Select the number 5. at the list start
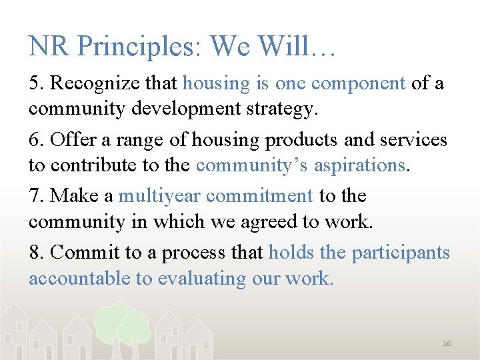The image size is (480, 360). pyautogui.click(x=36, y=84)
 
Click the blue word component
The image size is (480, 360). pyautogui.click(x=359, y=84)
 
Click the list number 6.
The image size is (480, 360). pyautogui.click(x=36, y=141)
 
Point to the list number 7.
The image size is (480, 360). pyautogui.click(x=36, y=197)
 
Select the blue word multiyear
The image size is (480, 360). pyautogui.click(x=159, y=197)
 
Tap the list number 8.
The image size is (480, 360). pyautogui.click(x=36, y=253)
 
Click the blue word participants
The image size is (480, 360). pyautogui.click(x=401, y=253)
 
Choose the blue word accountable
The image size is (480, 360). pyautogui.click(x=80, y=278)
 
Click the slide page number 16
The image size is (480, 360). pyautogui.click(x=447, y=343)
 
